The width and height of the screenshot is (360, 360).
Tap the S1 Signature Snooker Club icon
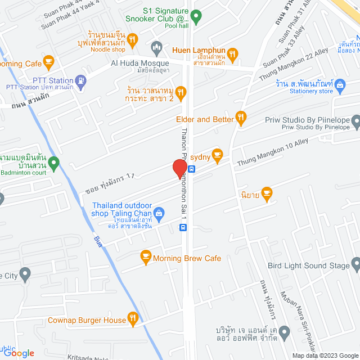[196, 17]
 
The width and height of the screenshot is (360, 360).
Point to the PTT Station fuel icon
[81, 80]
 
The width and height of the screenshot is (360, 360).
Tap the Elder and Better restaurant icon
[241, 117]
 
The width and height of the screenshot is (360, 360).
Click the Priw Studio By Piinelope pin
[355, 120]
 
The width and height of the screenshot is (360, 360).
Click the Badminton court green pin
[53, 164]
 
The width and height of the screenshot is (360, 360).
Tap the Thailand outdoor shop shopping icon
[159, 213]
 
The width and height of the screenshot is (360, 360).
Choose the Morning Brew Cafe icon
[146, 258]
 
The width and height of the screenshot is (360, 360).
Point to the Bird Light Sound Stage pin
[355, 264]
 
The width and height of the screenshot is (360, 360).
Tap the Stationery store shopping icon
[339, 85]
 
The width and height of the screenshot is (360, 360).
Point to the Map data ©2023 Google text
[324, 355]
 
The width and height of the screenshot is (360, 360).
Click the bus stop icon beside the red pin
[191, 168]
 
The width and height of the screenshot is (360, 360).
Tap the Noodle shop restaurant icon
[132, 39]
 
